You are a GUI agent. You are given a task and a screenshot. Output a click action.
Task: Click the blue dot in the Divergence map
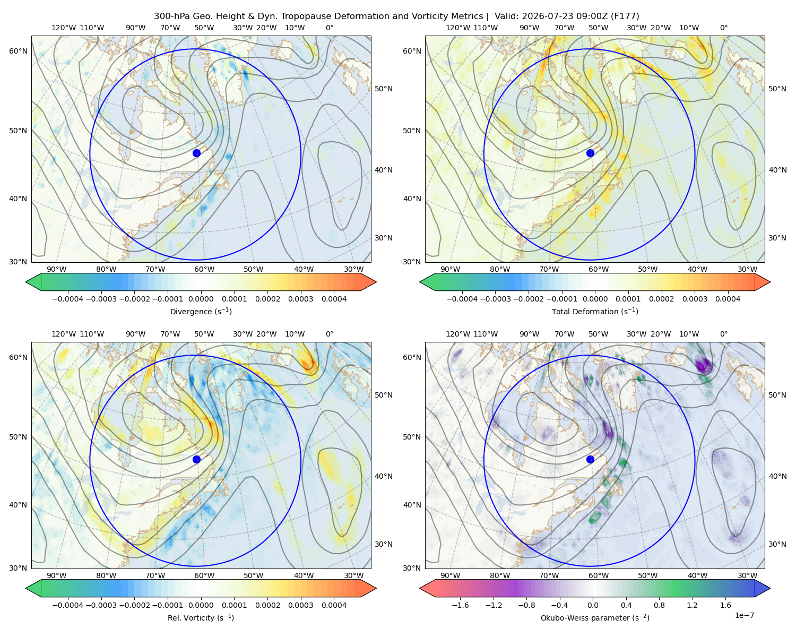(x=196, y=153)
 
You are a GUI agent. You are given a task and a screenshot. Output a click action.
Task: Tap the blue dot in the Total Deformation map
(x=590, y=153)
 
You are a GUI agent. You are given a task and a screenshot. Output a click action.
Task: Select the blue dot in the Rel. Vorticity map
(x=196, y=459)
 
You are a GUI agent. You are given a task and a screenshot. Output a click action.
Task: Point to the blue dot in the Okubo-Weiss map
(x=590, y=459)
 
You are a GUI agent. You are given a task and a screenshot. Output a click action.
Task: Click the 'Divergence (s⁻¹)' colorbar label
(x=201, y=311)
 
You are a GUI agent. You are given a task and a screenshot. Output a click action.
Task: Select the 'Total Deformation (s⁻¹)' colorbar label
(x=595, y=311)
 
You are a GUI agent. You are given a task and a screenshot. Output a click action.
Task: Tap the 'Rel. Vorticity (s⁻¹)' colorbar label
(x=201, y=617)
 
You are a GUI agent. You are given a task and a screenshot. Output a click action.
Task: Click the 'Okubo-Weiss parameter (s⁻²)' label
(x=595, y=617)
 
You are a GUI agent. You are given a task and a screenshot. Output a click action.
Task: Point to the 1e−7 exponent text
(x=744, y=615)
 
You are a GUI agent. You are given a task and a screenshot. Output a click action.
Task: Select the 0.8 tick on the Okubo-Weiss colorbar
(x=659, y=605)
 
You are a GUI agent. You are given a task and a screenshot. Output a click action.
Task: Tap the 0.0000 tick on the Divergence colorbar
(x=201, y=299)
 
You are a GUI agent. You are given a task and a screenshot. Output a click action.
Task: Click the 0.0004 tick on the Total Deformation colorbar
(x=728, y=299)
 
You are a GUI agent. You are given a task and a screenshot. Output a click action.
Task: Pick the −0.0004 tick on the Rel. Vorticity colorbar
(x=68, y=605)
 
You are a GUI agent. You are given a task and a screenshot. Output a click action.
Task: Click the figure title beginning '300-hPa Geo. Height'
(x=396, y=16)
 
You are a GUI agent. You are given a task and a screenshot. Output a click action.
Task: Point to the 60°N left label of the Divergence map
(x=18, y=51)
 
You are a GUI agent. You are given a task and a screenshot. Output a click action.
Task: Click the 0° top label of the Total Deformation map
(x=723, y=28)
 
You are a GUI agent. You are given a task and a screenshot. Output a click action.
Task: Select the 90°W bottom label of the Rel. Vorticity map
(x=57, y=575)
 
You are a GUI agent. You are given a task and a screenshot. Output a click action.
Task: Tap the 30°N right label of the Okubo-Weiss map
(x=777, y=544)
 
